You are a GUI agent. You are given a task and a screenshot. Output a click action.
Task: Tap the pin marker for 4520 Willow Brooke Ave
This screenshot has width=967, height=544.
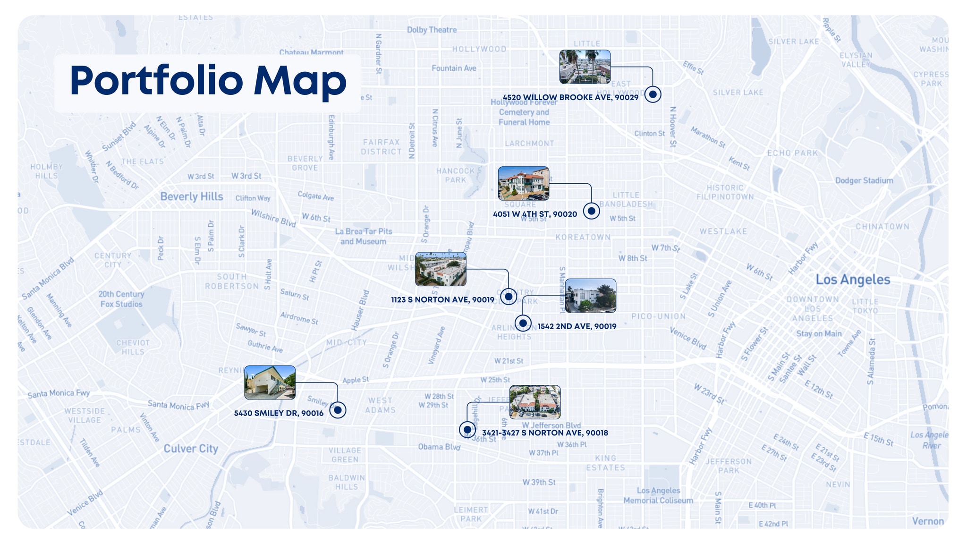pos(653,94)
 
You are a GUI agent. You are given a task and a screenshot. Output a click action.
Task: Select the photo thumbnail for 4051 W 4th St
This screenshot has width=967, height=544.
pos(523,183)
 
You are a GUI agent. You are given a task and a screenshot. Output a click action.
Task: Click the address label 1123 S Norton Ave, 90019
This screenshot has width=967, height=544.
pos(442,300)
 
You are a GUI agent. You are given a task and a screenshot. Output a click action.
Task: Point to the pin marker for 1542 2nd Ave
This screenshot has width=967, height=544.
pos(523,323)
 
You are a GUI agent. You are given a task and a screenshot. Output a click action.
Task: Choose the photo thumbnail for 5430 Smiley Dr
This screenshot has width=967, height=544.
pos(270,382)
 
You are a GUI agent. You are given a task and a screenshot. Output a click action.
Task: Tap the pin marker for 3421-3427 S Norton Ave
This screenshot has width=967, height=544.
pos(467,430)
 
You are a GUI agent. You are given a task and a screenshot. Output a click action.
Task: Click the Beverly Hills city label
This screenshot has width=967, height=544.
pos(191,196)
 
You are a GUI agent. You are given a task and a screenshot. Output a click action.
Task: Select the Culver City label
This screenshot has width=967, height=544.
pos(191,449)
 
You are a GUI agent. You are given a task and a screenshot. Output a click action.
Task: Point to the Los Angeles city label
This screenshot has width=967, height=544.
pos(853,280)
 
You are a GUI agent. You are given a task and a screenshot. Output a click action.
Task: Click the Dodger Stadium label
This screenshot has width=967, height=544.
pos(864,180)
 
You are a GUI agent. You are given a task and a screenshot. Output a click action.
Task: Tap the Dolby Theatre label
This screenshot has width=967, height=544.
pos(432,30)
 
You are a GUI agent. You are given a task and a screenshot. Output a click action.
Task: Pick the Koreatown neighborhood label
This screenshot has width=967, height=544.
pos(583,237)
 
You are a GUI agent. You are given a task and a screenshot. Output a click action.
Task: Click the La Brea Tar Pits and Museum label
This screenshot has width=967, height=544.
pos(363,236)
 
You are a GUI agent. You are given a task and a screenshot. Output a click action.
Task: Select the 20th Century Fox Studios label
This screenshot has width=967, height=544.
pos(121,299)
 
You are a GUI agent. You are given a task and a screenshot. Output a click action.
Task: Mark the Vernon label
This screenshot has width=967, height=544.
pos(927,521)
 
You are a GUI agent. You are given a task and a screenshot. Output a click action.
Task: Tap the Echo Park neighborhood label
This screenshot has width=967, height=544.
pos(792,153)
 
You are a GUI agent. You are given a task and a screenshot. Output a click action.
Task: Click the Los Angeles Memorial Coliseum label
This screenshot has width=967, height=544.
pos(658,495)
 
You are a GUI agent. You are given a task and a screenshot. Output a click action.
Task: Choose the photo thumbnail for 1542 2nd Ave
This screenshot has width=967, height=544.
pos(590,296)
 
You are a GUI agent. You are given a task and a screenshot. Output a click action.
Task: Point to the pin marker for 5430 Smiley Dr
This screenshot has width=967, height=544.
pos(338,410)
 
